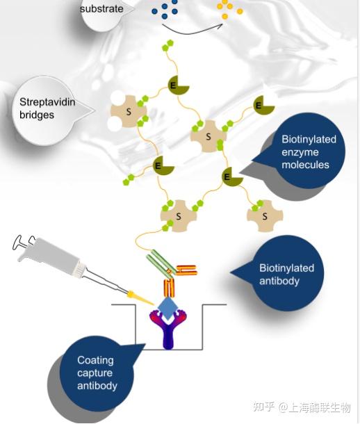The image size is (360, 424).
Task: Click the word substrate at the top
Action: pyautogui.click(x=101, y=8)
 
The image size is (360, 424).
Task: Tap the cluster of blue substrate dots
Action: pyautogui.click(x=165, y=9)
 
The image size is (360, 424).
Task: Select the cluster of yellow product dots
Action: pyautogui.click(x=229, y=9)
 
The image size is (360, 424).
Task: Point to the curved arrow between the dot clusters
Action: pyautogui.click(x=193, y=31)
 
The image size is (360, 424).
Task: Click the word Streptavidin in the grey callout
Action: pyautogui.click(x=47, y=102)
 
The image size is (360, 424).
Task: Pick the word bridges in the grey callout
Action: pyautogui.click(x=37, y=115)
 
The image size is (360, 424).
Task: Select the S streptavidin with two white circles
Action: pyautogui.click(x=129, y=111)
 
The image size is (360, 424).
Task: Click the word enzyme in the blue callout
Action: pyautogui.click(x=300, y=152)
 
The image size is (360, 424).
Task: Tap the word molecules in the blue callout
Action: pyautogui.click(x=305, y=165)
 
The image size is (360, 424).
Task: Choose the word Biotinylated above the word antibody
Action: pyautogui.click(x=286, y=268)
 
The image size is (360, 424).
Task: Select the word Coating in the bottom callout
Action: pyautogui.click(x=95, y=360)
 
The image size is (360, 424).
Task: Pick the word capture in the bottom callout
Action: pyautogui.click(x=95, y=373)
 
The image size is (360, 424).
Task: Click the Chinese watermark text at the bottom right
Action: pyautogui.click(x=302, y=407)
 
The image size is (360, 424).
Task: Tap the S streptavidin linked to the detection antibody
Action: pyautogui.click(x=179, y=215)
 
